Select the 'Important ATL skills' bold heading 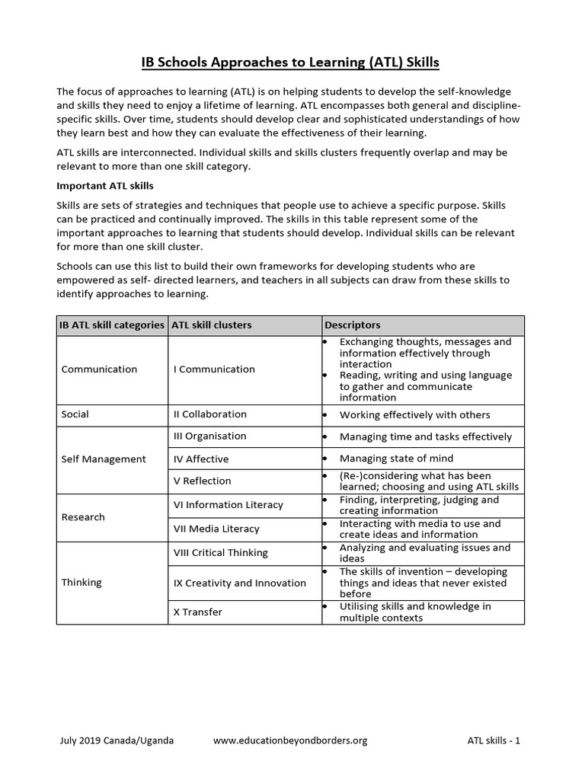[x=105, y=186]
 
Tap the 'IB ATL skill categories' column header [x=112, y=325]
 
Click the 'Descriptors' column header [x=352, y=325]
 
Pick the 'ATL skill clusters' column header [x=212, y=325]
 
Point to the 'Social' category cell [x=75, y=414]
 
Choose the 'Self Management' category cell [x=104, y=459]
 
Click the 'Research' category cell [x=83, y=517]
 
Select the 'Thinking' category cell [x=82, y=583]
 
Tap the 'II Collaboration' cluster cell [x=210, y=414]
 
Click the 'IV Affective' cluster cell [x=201, y=459]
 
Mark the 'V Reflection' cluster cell [x=203, y=481]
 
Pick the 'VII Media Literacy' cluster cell [x=216, y=529]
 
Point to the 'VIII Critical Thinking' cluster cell [x=221, y=553]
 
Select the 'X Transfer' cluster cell [x=199, y=612]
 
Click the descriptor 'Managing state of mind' [x=396, y=459]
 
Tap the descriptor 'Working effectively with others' [x=414, y=415]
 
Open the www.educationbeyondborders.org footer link [x=290, y=740]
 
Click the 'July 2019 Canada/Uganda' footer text [x=116, y=740]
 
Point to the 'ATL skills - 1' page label [x=494, y=740]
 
